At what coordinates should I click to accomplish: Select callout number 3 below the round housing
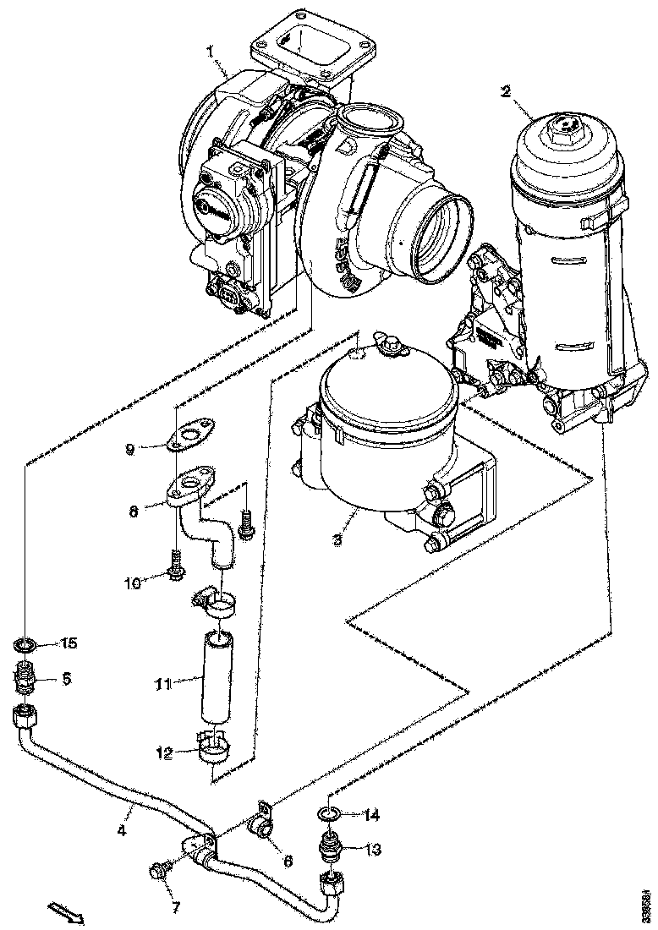[x=337, y=539]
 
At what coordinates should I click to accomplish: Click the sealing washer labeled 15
[x=25, y=646]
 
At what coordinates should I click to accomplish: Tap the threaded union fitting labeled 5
[x=26, y=676]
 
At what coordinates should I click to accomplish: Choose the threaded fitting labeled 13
[x=329, y=846]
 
